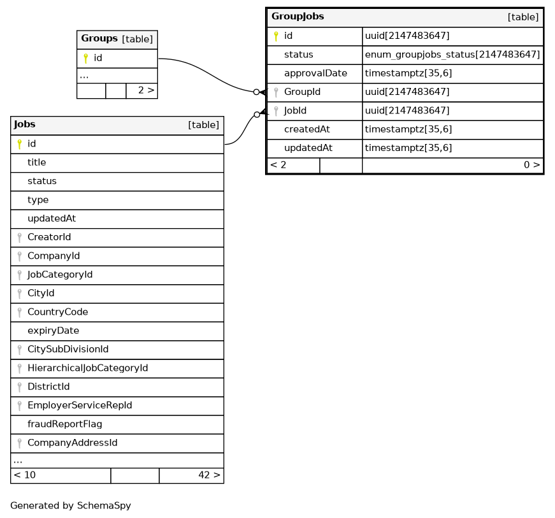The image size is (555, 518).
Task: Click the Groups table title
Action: pyautogui.click(x=99, y=39)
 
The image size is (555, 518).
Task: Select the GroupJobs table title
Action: pyautogui.click(x=298, y=16)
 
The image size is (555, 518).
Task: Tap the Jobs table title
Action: pyautogui.click(x=24, y=124)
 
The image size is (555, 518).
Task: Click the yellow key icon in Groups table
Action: pyautogui.click(x=85, y=59)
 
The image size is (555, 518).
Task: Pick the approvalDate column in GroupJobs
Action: pyautogui.click(x=315, y=73)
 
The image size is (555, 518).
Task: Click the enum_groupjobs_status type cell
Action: pyautogui.click(x=452, y=55)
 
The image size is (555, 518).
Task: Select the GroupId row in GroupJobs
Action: pyautogui.click(x=302, y=92)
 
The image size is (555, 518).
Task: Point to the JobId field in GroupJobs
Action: pyautogui.click(x=295, y=110)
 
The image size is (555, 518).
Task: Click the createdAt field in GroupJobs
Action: pyautogui.click(x=306, y=129)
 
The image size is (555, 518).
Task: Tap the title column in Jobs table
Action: pyautogui.click(x=36, y=162)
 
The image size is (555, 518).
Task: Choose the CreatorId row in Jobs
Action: pyautogui.click(x=49, y=237)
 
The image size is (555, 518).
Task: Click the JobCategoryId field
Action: pyautogui.click(x=60, y=275)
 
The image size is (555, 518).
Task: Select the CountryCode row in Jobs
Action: pyautogui.click(x=57, y=312)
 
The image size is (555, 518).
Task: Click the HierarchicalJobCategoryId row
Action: pyautogui.click(x=87, y=368)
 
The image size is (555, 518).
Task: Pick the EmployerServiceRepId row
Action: pyautogui.click(x=80, y=405)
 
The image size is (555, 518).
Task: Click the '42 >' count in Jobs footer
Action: pyautogui.click(x=208, y=475)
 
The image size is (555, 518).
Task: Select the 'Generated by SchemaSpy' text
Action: pyautogui.click(x=70, y=506)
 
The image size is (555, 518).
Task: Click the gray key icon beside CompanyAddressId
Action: pyautogui.click(x=19, y=443)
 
